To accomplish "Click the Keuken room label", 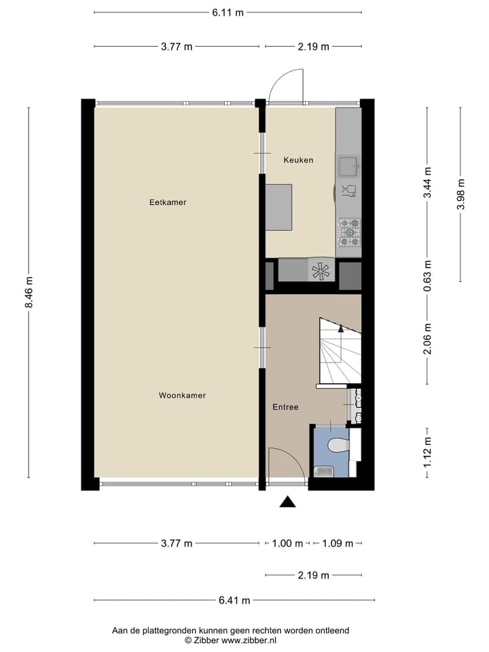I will tap(298, 160).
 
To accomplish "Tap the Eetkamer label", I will tap(168, 202).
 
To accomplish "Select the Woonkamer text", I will tap(182, 395).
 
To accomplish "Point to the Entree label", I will tap(285, 407).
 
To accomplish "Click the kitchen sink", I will tap(348, 164).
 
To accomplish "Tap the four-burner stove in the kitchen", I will tap(349, 232).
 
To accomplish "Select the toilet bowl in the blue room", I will tap(338, 446).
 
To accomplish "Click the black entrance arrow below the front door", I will tap(288, 502).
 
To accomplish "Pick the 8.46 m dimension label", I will tap(29, 293).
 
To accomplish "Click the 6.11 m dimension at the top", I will tap(227, 12).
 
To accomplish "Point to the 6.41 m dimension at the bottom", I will tap(234, 600).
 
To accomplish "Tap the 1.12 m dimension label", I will tap(427, 452).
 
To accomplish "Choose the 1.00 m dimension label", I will tap(287, 543).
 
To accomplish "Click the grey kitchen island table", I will tap(279, 207).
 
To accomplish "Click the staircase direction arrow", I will tap(341, 329).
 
